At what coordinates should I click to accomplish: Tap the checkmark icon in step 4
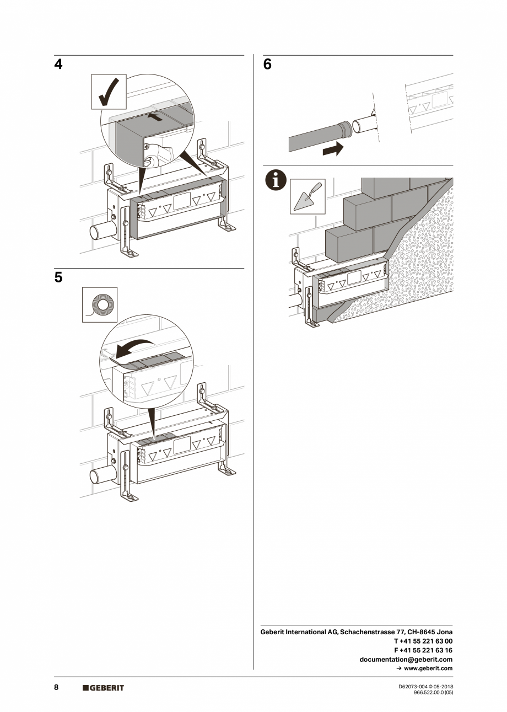coord(109,92)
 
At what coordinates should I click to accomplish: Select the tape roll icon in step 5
coord(100,304)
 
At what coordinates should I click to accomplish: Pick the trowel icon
coord(308,196)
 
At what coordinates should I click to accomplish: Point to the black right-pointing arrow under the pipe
coord(333,149)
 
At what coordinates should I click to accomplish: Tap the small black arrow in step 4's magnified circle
coord(157,117)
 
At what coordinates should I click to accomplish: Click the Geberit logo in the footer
coord(103,688)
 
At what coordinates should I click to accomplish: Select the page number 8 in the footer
coord(56,688)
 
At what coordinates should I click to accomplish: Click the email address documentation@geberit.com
coord(406,659)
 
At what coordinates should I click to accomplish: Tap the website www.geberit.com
coord(428,668)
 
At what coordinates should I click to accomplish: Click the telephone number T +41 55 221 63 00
coord(423,641)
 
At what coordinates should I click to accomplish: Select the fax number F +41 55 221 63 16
coord(423,650)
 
